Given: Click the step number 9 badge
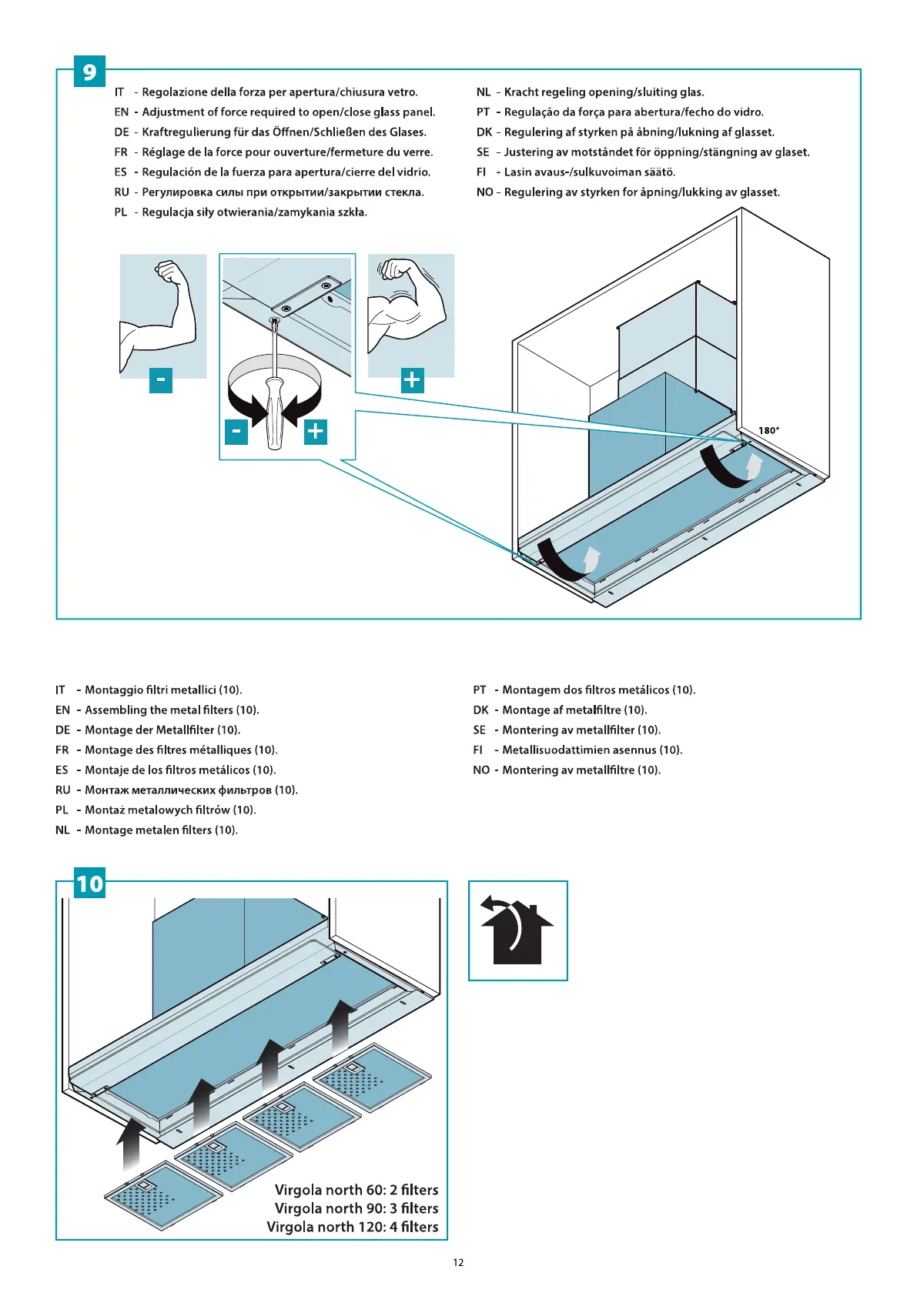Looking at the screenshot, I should coord(89,72).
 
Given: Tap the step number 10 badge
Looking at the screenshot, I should coord(89,883).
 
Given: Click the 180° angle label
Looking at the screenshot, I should coord(768,431).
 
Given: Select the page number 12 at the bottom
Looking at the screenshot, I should coord(458,1262).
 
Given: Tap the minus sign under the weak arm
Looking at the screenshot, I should coord(160,379).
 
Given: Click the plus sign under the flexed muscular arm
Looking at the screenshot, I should coord(412,379).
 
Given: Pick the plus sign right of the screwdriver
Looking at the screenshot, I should coord(315,431).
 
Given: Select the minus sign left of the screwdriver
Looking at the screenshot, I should coord(236,431).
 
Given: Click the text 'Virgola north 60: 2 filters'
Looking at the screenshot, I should coord(356,1190).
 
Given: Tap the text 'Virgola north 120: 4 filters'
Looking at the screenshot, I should coord(352,1227).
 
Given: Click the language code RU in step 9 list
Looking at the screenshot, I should coord(122,192).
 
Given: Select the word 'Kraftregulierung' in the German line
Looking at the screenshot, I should coord(186,132).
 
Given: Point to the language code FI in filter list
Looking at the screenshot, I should coord(478,750).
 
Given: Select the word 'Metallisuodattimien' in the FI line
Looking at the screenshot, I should coord(557,750).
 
